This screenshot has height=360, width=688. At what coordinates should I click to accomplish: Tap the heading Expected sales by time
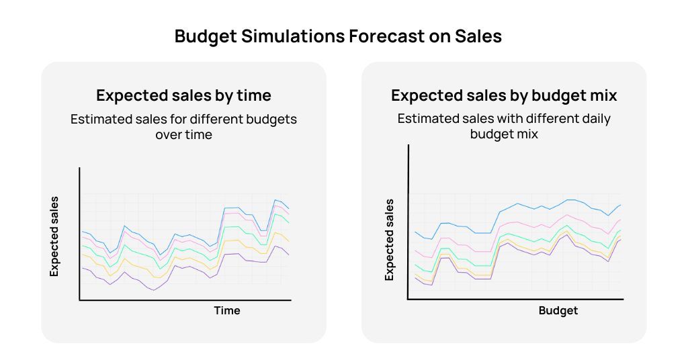[183, 95]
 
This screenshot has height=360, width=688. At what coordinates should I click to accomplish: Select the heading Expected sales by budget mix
[504, 95]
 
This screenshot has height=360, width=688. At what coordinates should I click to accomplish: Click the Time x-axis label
[227, 310]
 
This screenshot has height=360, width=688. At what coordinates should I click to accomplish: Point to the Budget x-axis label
[558, 310]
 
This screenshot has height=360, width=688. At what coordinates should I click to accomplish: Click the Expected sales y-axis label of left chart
[55, 236]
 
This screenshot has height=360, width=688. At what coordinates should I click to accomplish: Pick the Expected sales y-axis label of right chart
[389, 240]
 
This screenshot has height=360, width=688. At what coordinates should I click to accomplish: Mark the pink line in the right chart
[517, 222]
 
